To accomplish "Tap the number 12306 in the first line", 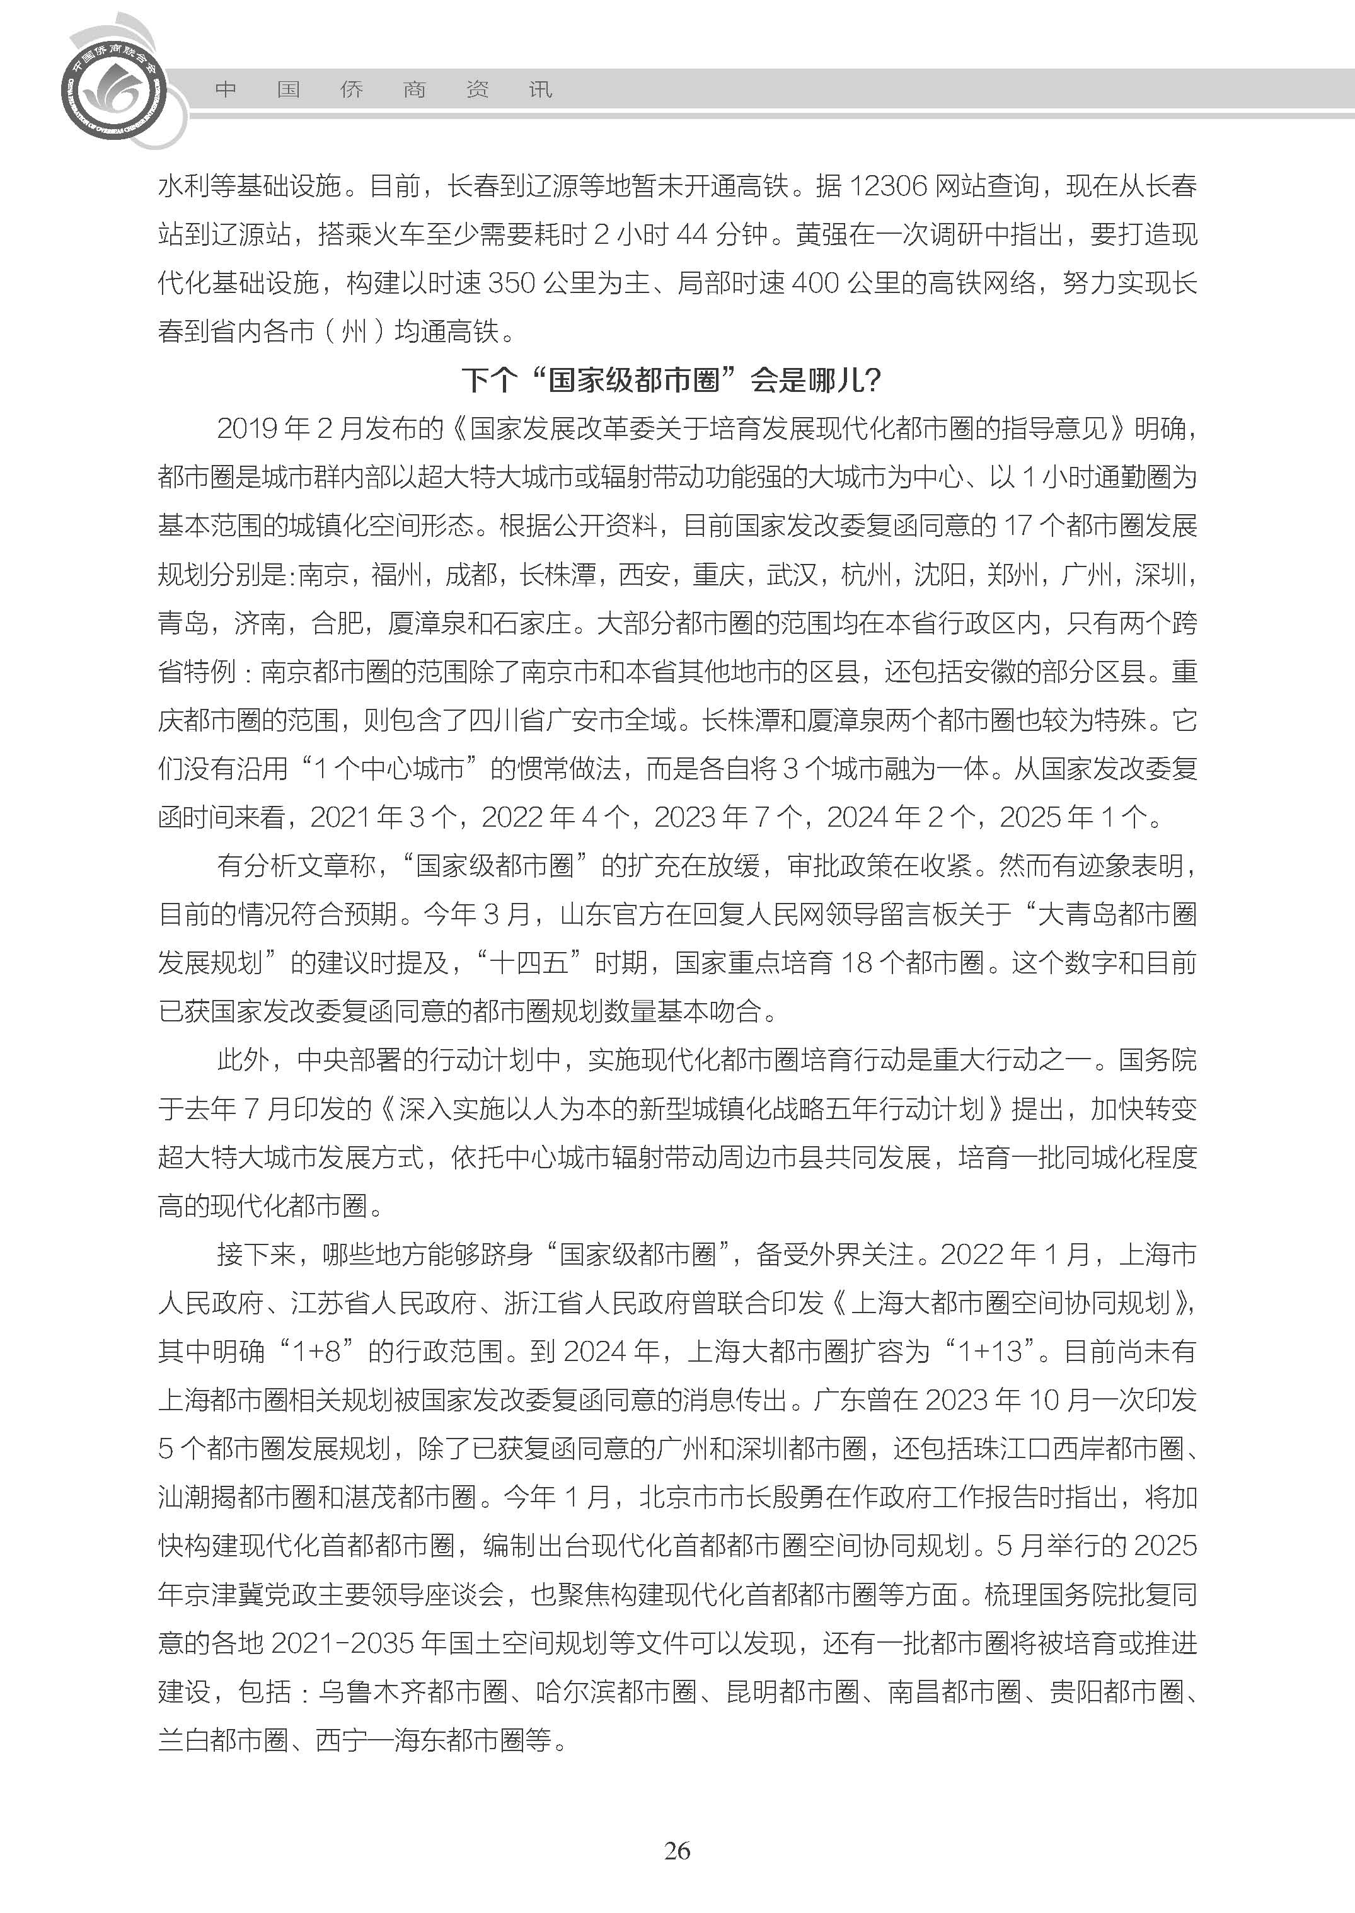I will pos(887,186).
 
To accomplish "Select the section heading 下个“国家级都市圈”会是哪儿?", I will pos(672,381).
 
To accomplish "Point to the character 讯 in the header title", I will pos(541,90).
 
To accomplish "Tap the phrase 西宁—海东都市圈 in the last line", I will pos(433,1740).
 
